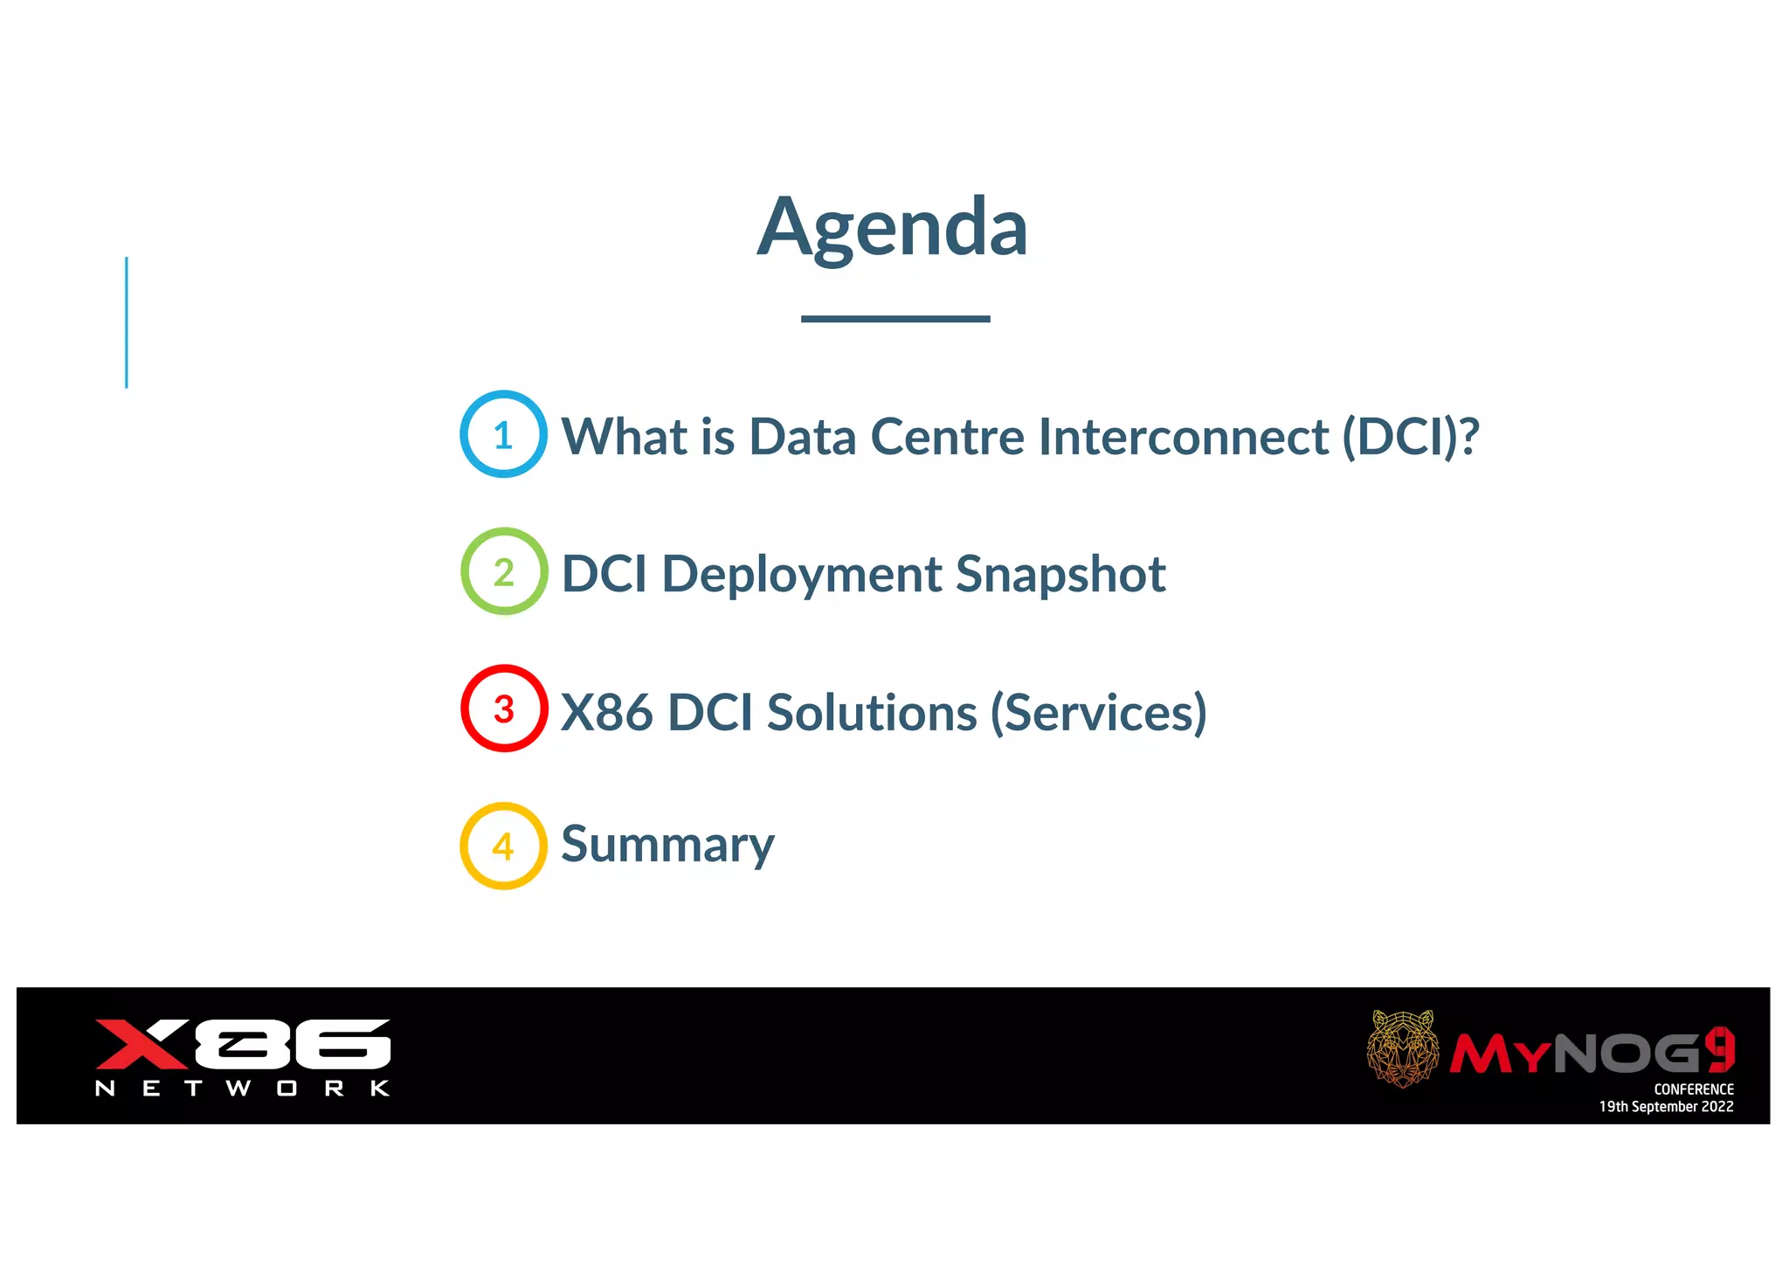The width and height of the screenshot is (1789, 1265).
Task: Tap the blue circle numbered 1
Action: [504, 434]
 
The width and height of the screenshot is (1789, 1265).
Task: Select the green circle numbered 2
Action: [504, 571]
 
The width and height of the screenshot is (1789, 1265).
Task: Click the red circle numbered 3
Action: [504, 709]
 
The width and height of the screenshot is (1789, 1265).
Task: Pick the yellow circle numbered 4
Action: [504, 846]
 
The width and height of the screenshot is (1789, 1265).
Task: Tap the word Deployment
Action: [801, 575]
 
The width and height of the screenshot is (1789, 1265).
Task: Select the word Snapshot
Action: [1060, 575]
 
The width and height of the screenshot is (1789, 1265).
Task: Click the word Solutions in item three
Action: [871, 712]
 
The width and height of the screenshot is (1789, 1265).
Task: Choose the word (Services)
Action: [1098, 712]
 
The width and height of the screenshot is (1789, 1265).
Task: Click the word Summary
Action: [667, 845]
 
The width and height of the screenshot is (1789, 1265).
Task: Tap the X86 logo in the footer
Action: [242, 1044]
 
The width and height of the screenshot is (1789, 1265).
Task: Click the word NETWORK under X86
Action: [242, 1089]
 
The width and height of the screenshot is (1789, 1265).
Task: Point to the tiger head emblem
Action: [1402, 1048]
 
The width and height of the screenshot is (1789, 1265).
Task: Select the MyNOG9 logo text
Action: [1592, 1053]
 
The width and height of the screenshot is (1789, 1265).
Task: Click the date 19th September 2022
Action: [1666, 1107]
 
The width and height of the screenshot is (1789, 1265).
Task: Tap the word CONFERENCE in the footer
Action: [1693, 1089]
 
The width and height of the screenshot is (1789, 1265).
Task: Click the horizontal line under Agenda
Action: [894, 319]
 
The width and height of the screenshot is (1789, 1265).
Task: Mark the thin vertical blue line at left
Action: [127, 322]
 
